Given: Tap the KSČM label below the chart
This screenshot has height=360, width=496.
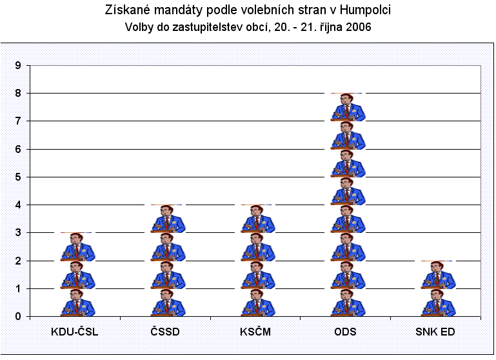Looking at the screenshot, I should (x=256, y=332).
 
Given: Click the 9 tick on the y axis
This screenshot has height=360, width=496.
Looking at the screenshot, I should (x=19, y=65).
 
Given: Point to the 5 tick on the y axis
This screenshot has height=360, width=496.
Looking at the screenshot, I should (x=19, y=177).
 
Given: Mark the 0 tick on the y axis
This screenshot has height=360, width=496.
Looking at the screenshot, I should (x=19, y=317).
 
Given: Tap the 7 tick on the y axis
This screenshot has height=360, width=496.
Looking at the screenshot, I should (x=19, y=121).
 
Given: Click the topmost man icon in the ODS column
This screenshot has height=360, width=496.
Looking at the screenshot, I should (x=348, y=108).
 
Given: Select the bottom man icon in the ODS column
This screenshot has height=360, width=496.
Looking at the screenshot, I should (x=348, y=303).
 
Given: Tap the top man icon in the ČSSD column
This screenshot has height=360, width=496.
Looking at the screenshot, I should (x=167, y=219).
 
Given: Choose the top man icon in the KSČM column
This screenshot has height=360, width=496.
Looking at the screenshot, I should (x=257, y=219).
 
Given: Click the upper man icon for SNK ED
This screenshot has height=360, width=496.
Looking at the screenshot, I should (x=439, y=275).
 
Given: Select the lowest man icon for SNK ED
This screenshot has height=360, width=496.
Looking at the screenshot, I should (x=439, y=303).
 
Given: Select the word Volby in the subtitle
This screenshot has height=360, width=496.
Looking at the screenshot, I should (x=137, y=28).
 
